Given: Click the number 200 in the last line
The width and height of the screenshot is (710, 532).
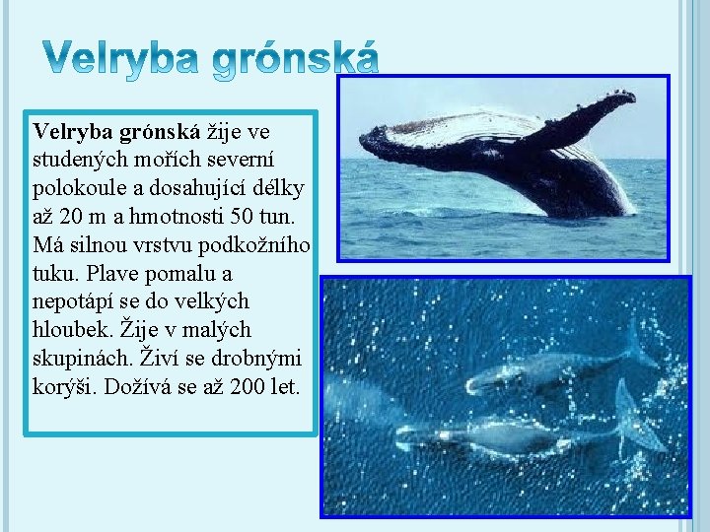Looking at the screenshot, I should coord(248,385).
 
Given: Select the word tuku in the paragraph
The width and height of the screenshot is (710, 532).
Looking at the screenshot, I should coord(52,272).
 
